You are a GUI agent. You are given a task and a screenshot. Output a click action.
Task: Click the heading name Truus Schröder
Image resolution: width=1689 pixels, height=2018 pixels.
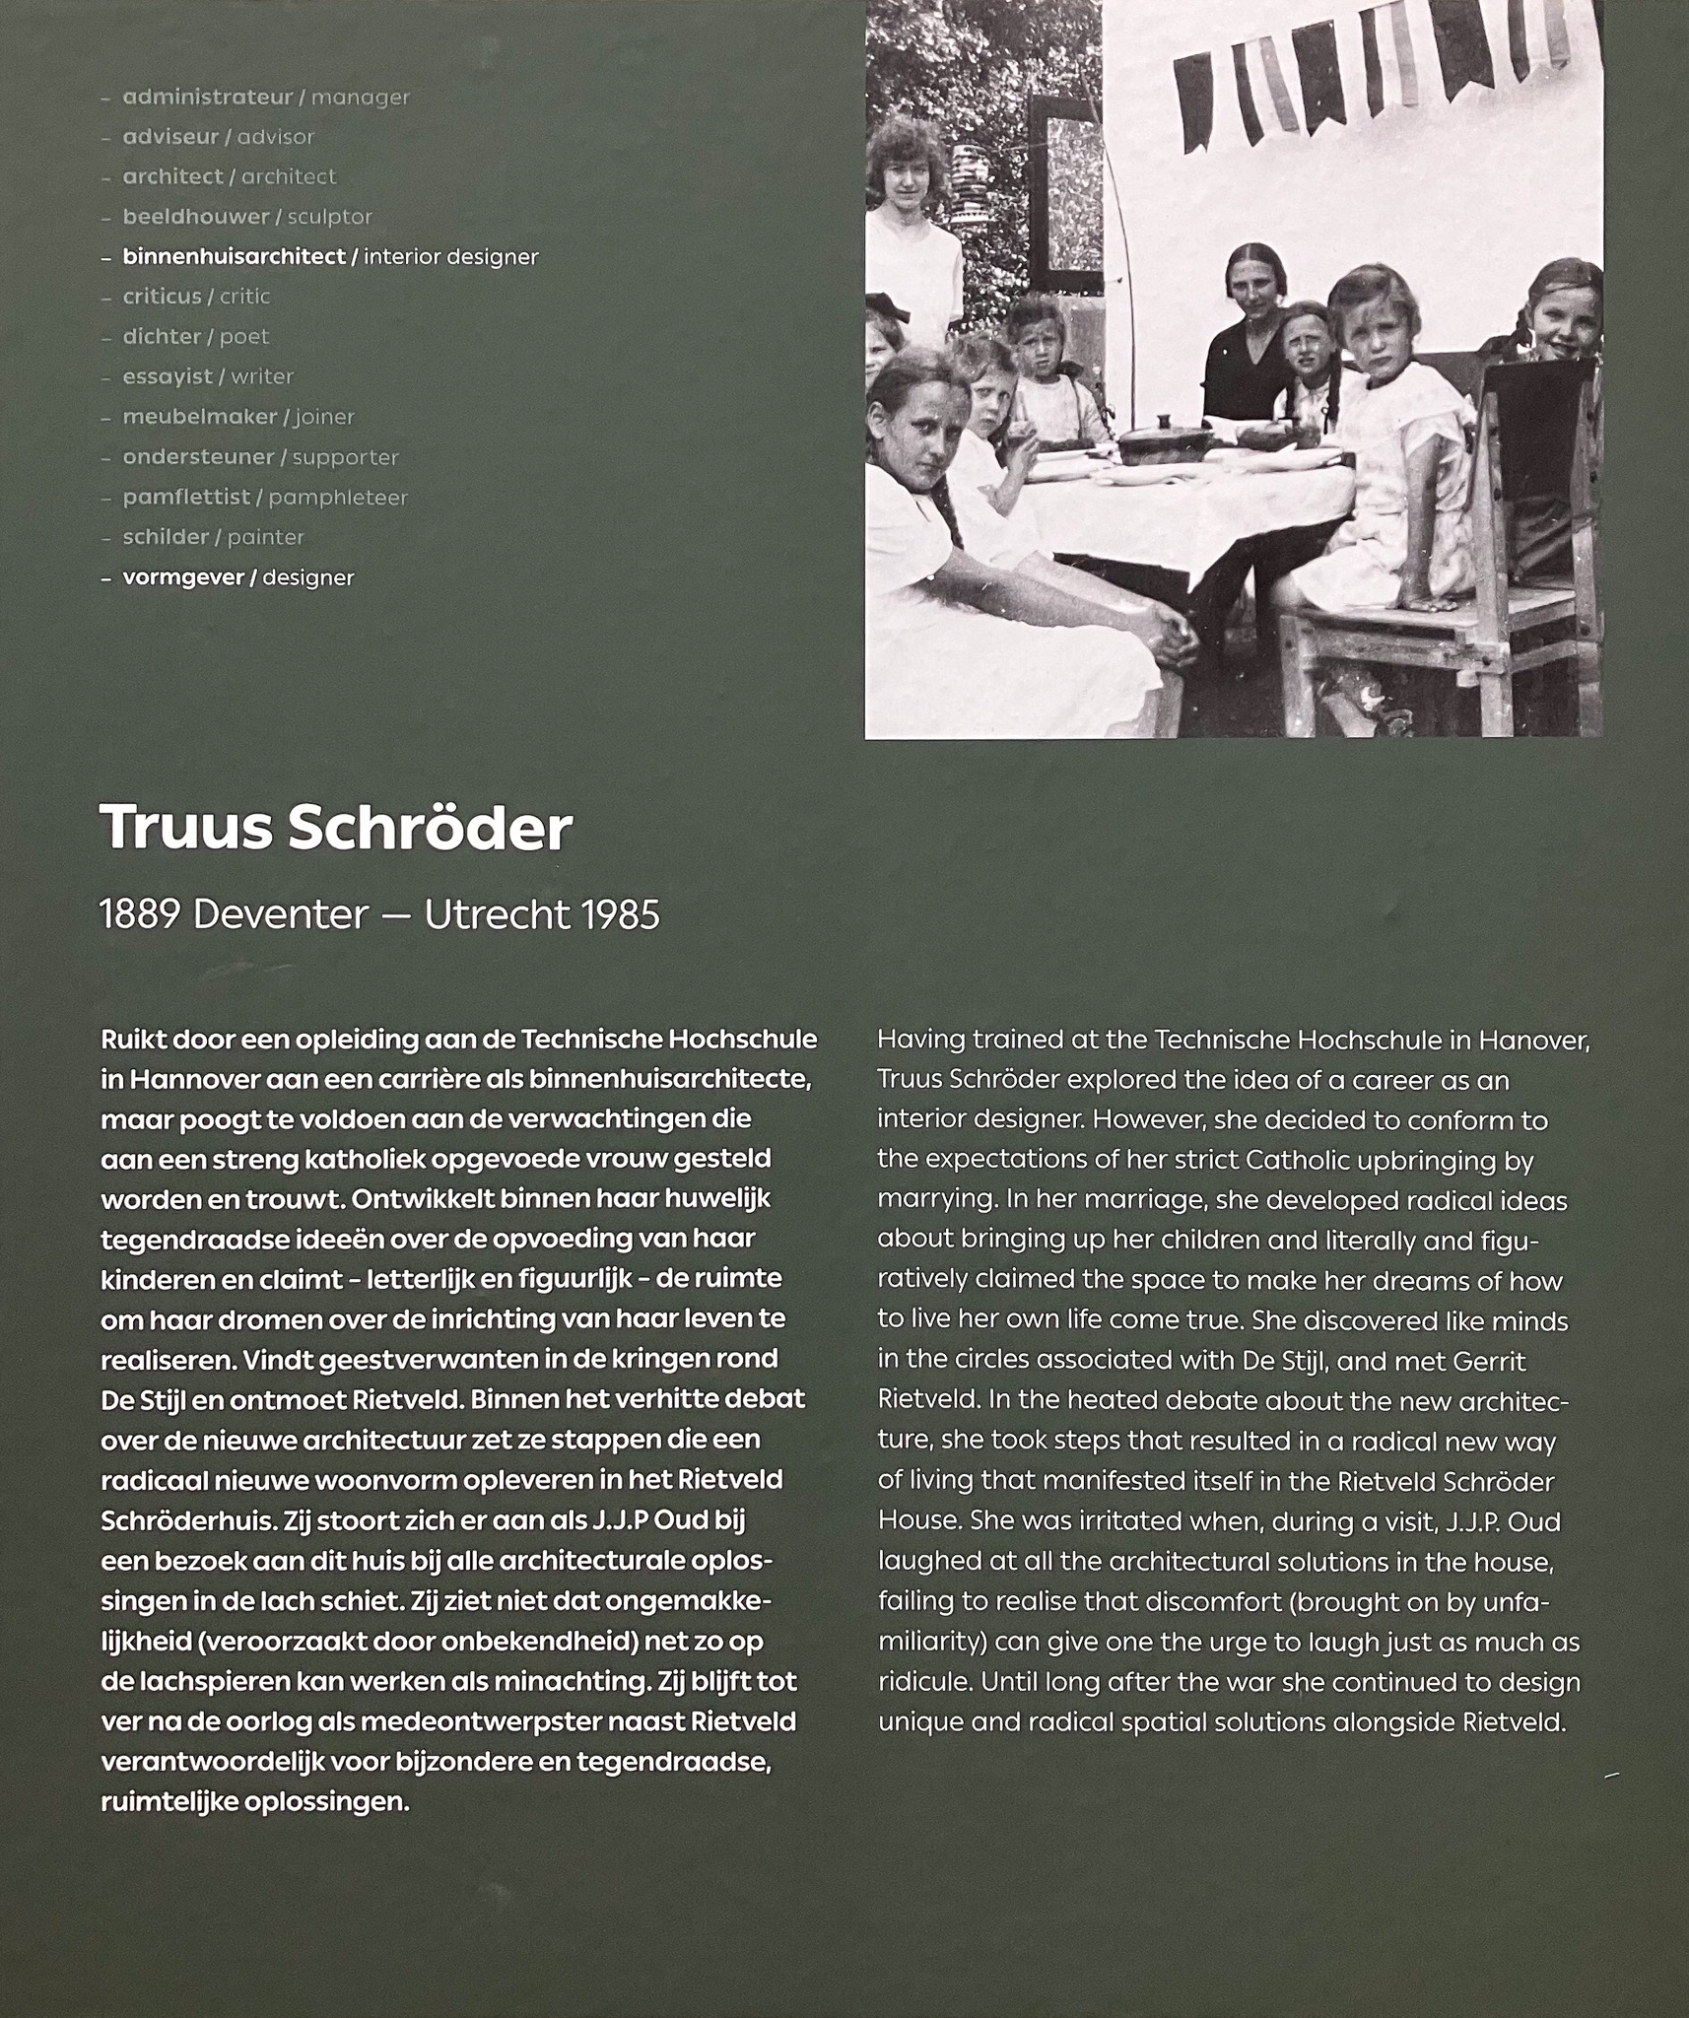tap(335, 829)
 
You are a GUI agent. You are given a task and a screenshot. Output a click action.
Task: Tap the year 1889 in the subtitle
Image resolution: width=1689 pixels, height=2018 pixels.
tap(139, 915)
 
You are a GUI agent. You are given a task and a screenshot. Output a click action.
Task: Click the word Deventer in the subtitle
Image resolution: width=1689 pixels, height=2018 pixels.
tap(280, 915)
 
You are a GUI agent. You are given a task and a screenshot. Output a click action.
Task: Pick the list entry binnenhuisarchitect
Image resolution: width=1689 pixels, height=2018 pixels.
tap(234, 257)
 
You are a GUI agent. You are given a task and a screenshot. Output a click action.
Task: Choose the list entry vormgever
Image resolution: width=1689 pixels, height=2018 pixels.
tap(182, 577)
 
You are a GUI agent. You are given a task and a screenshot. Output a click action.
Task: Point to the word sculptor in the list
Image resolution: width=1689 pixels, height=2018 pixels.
tap(329, 217)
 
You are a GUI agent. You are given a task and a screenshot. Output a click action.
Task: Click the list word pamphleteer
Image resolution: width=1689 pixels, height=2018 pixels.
tap(337, 498)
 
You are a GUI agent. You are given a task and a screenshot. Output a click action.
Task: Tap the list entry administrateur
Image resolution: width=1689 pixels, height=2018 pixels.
tap(207, 98)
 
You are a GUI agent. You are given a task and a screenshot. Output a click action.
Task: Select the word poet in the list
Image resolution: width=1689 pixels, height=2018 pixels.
tap(243, 337)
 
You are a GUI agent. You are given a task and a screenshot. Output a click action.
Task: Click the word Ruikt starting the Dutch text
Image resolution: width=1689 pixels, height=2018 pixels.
tap(133, 1040)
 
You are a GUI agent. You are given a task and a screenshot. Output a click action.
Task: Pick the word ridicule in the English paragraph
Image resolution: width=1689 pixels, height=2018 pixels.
tap(922, 1682)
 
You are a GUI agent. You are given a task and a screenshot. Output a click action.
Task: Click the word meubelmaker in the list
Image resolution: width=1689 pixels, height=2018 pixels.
tap(200, 417)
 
